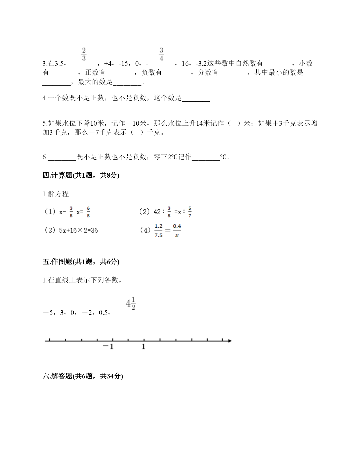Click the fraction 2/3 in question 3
[x=84, y=54]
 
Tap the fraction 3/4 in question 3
[x=161, y=54]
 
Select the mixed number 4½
[x=131, y=304]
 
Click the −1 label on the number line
[x=108, y=347]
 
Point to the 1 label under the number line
[x=143, y=347]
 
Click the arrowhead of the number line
[x=230, y=341]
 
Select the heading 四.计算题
[x=81, y=175]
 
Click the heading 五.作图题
[x=81, y=262]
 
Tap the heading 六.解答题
[x=82, y=376]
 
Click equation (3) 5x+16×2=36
[x=71, y=230]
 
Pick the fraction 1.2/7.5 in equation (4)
[x=158, y=230]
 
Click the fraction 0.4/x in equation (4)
[x=177, y=230]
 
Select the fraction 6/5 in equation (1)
[x=88, y=212]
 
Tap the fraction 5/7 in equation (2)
[x=190, y=212]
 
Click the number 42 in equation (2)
[x=157, y=212]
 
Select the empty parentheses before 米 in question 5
[x=235, y=123]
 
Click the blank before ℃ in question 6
[x=206, y=157]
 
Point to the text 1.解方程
[x=57, y=194]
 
